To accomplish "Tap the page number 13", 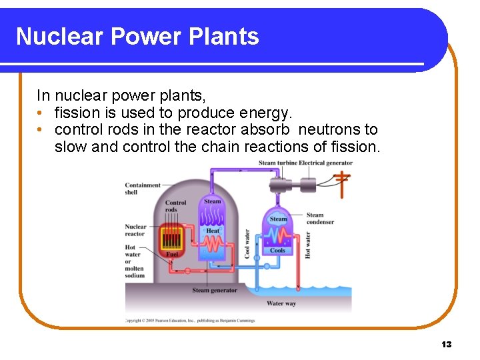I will click(446, 344).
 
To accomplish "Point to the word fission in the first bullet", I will click(76, 113).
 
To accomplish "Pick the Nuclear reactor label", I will click(135, 230).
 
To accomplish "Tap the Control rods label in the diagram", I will click(175, 206).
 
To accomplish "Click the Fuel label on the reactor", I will click(172, 254).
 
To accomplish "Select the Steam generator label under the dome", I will click(214, 291).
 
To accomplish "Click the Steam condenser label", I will click(320, 218).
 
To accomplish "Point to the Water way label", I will click(281, 303).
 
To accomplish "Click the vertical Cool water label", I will click(247, 244).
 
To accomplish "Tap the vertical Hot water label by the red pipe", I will click(307, 245).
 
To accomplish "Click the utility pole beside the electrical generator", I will click(342, 183).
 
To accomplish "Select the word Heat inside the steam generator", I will click(213, 231).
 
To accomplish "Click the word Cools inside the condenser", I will click(277, 251).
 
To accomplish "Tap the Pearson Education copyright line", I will click(190, 320).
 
